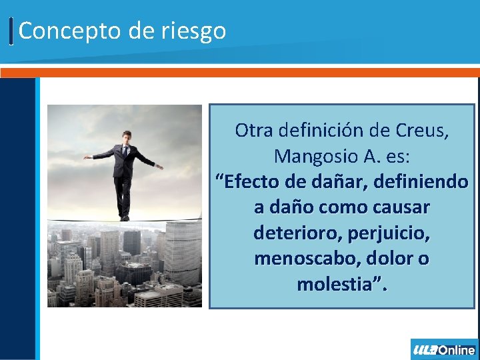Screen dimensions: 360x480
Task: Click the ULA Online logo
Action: (x=444, y=349)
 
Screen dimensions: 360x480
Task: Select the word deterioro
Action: (x=294, y=233)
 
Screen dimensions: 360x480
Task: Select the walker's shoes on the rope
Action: (x=124, y=217)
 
